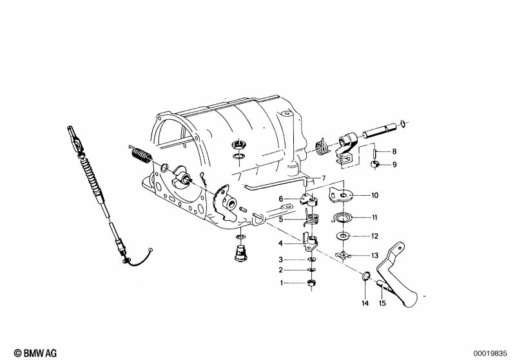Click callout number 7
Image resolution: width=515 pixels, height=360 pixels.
(x=324, y=178)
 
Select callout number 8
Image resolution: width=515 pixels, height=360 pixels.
(x=394, y=151)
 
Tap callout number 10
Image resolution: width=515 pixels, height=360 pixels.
(x=374, y=195)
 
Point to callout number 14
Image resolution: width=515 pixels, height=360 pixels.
(x=365, y=303)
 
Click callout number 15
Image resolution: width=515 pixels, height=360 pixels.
(x=382, y=303)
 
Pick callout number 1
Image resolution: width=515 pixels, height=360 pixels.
(x=282, y=283)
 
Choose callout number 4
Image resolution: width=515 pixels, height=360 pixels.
(x=280, y=243)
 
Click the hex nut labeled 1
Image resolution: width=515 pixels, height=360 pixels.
(x=311, y=283)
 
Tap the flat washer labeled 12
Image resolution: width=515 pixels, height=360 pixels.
(x=343, y=236)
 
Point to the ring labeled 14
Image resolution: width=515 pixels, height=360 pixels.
(x=365, y=277)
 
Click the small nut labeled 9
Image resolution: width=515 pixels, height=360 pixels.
(x=374, y=164)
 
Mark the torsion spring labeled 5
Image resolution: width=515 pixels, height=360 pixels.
(x=311, y=218)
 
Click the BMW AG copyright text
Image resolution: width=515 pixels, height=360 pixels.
(x=35, y=353)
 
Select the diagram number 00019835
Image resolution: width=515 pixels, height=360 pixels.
(x=490, y=354)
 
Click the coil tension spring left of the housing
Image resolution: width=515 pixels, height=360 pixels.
(x=141, y=154)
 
